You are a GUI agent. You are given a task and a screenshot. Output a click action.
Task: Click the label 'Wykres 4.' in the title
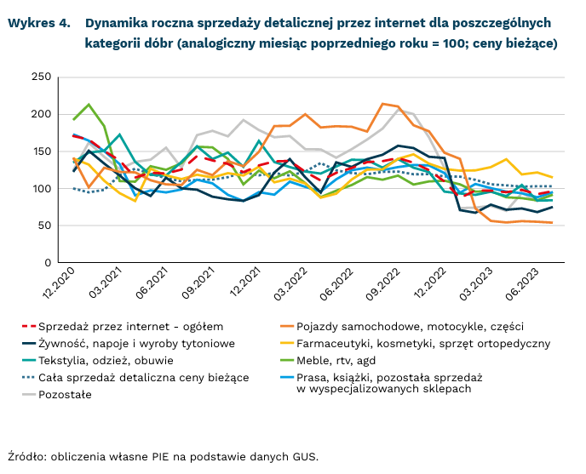point(39,23)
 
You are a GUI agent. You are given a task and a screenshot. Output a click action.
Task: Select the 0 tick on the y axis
point(49,263)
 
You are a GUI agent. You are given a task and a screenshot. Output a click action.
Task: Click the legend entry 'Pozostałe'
point(73,394)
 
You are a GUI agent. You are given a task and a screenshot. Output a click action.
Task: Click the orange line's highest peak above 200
point(382,104)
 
